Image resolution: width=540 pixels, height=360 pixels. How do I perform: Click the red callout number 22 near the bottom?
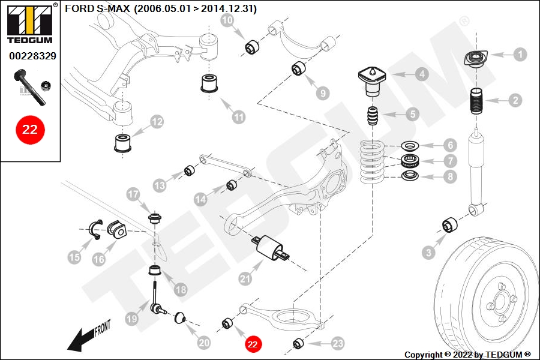pos(252,344)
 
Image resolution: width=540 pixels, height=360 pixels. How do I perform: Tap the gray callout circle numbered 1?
pos(520,55)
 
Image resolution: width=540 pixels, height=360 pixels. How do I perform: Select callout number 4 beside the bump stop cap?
pos(422,74)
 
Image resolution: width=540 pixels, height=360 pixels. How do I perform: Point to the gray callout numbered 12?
pos(157,122)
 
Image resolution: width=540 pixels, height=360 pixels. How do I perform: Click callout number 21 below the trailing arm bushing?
pos(244,278)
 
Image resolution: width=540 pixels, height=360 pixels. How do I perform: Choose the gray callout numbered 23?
pos(338,343)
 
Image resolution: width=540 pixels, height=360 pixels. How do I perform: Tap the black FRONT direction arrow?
pos(81,340)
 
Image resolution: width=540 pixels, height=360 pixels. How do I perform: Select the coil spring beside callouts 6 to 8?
pos(373,160)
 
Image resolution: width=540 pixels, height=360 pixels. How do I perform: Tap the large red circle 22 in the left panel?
pos(29,130)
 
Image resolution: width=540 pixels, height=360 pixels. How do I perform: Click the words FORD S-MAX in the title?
pos(98,9)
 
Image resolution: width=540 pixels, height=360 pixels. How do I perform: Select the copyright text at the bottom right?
pos(467,355)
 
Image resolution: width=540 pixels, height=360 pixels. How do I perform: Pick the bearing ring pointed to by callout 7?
pos(410,160)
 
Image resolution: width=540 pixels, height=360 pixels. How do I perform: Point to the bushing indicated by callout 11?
pos(209,83)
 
